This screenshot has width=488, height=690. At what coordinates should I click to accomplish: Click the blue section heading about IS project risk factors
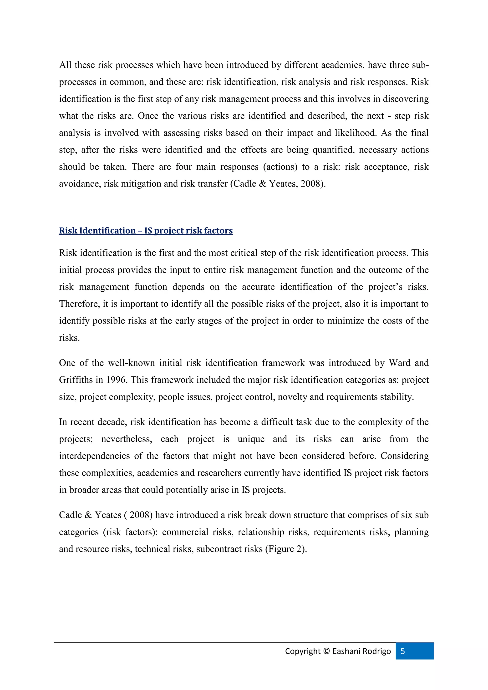click(x=146, y=230)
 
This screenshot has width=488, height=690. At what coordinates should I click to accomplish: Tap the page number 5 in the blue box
click(x=403, y=651)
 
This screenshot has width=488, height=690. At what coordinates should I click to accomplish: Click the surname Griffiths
click(x=76, y=380)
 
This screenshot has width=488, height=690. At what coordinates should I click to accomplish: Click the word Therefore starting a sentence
click(x=79, y=304)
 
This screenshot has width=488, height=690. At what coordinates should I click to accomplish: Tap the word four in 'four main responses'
click(x=184, y=167)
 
